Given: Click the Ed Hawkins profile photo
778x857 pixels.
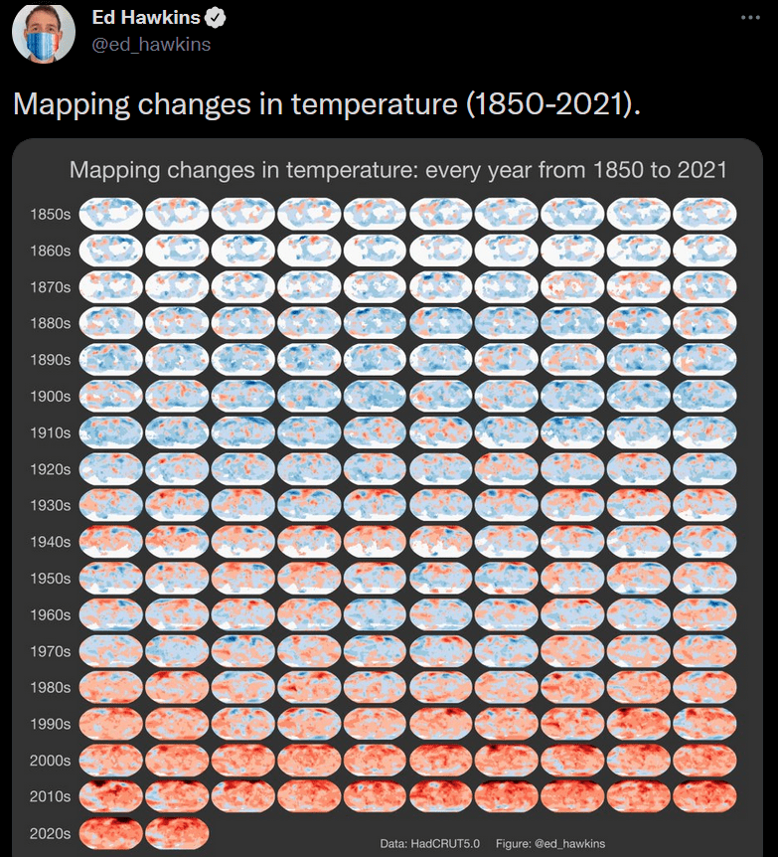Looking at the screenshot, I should click(44, 32).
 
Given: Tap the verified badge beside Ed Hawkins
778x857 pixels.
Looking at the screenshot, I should click(215, 18).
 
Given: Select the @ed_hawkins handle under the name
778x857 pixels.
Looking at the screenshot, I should click(151, 44).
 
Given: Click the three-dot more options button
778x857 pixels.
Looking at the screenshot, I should click(750, 18).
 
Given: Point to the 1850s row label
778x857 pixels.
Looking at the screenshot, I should click(51, 214).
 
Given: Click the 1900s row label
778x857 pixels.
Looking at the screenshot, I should click(51, 396).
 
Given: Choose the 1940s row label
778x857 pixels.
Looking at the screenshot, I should click(51, 542).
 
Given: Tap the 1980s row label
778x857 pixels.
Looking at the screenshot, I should click(51, 687).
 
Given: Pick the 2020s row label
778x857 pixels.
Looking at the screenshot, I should click(51, 833).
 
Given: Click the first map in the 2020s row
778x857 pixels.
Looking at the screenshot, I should click(111, 832).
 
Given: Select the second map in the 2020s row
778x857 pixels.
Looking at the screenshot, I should click(177, 832).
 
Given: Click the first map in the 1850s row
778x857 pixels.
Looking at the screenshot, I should click(111, 213).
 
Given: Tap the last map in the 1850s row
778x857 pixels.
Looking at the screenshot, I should click(704, 213).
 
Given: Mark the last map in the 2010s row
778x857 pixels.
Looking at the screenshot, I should click(704, 796).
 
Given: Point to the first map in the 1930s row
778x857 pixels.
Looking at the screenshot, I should click(111, 504).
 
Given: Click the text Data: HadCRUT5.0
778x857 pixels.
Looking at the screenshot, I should click(430, 843).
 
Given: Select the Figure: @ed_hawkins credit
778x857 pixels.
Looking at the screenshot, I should click(549, 843).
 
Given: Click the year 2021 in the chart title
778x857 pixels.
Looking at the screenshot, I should click(702, 170).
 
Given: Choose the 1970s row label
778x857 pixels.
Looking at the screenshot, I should click(51, 651).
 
